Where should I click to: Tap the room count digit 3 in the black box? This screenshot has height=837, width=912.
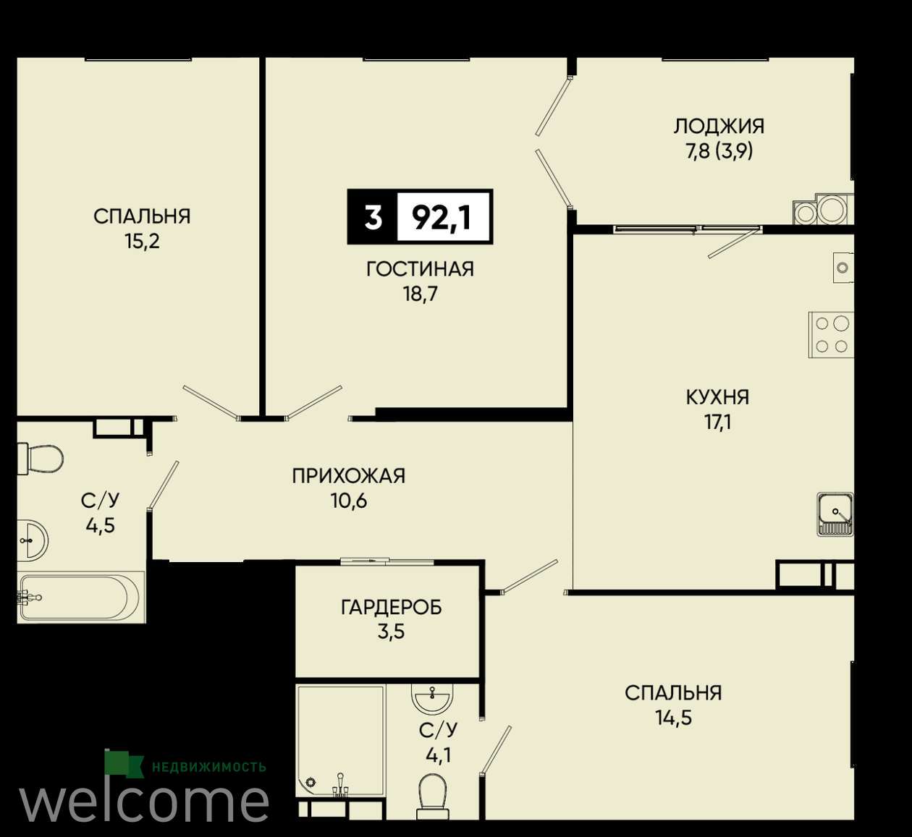373,218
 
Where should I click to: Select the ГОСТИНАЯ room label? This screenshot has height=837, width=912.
420,269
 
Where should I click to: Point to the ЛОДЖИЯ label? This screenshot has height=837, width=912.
719,127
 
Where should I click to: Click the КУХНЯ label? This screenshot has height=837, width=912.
717,398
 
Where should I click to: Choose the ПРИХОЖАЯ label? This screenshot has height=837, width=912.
348,476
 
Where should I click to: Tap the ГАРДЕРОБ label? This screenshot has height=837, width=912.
391,608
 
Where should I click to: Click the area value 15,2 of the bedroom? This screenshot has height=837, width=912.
143,242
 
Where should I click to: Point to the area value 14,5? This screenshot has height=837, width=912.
673,718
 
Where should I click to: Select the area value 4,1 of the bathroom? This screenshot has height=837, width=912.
439,756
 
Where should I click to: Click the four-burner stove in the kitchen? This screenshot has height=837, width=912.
832,335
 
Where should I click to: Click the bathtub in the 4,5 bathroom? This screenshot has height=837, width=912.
81,598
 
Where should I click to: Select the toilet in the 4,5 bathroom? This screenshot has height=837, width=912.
40,458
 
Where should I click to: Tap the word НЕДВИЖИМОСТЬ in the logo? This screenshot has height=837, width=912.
209,768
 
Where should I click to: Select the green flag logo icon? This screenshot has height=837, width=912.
124,763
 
